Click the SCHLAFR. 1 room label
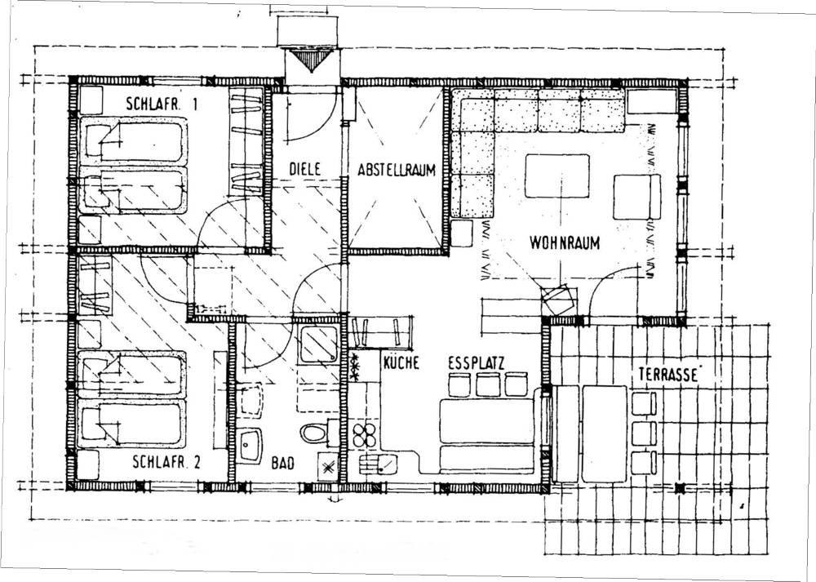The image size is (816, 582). click(x=162, y=104)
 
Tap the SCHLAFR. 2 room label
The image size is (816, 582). click(x=166, y=462)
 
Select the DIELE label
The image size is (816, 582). click(x=304, y=169)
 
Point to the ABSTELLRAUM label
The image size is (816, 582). click(x=396, y=171)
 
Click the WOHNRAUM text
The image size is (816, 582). click(x=565, y=242)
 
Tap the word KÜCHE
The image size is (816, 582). click(x=401, y=362)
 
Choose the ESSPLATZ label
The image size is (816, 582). click(x=477, y=363)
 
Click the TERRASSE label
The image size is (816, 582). click(x=667, y=375)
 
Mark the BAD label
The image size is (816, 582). click(x=282, y=462)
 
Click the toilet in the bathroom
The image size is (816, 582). click(x=315, y=433)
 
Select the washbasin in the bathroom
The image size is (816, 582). click(x=250, y=446)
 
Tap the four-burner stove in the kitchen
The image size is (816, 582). click(x=364, y=435)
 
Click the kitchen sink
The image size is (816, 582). click(x=379, y=464)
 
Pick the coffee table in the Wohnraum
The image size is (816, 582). click(x=557, y=176)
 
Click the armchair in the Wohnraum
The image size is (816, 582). click(x=637, y=197)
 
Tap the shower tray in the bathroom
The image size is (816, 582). click(x=319, y=343)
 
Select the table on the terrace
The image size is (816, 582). click(x=604, y=433)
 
